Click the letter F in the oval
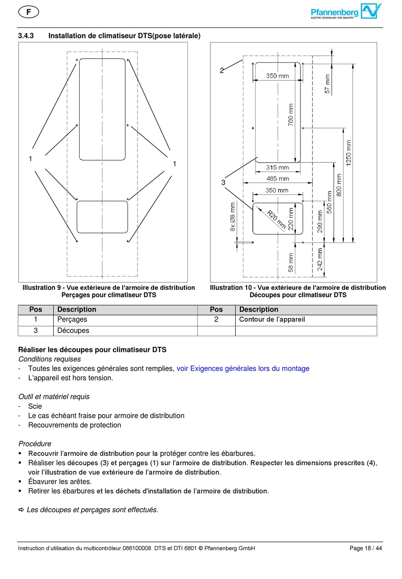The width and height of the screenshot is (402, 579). click(x=29, y=12)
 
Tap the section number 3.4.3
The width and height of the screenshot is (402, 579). click(x=26, y=36)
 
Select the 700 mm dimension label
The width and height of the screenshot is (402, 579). click(x=291, y=115)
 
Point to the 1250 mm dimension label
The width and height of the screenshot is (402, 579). click(x=349, y=153)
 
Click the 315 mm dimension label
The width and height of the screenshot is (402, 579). click(x=278, y=167)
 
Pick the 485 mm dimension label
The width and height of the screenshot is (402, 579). click(x=278, y=178)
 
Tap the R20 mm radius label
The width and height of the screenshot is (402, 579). click(x=276, y=220)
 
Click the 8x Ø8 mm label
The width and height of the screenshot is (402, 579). click(x=233, y=217)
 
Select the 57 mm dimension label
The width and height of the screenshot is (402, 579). click(x=328, y=84)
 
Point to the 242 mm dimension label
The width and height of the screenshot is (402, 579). click(x=320, y=259)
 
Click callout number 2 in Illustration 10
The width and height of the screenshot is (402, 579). click(x=222, y=71)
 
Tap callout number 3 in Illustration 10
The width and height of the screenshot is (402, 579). click(x=223, y=183)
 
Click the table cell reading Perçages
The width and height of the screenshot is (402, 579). click(x=72, y=320)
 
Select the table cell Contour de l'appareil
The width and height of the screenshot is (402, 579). click(x=272, y=320)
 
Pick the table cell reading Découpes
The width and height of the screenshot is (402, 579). click(x=73, y=331)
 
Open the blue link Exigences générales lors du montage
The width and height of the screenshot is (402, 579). click(x=243, y=369)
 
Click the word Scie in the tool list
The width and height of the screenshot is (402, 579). click(x=35, y=406)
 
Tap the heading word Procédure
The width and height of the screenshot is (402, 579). click(x=35, y=444)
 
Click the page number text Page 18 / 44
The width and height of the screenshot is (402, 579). click(x=366, y=549)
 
